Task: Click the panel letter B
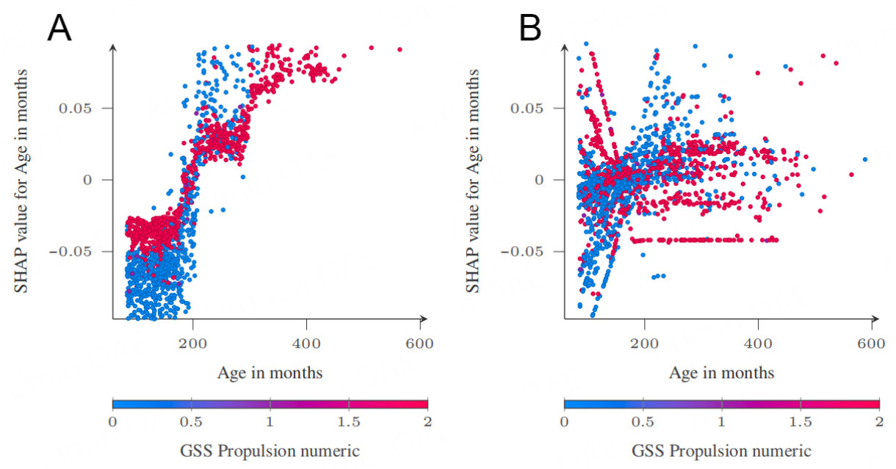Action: coord(530,29)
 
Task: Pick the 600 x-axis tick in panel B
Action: coord(871,343)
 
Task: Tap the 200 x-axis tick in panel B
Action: coord(645,343)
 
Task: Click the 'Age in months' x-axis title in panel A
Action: coord(270,373)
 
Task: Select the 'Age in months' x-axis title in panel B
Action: coord(721,373)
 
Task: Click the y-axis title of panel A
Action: coord(22,180)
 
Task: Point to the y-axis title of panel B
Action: coord(474,180)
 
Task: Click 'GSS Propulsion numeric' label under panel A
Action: coord(270,448)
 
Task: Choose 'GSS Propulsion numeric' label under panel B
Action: coord(721,448)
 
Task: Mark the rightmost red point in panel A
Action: coord(400,49)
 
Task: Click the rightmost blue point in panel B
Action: coord(865,159)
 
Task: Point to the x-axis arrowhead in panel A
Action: coord(424,319)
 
